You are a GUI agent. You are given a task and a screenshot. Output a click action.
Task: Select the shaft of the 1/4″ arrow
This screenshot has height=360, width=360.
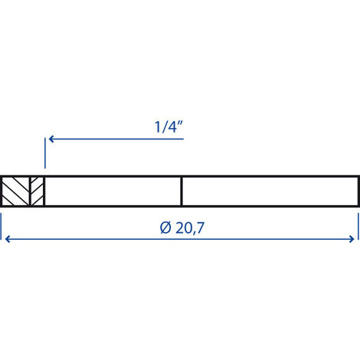coord(115,139)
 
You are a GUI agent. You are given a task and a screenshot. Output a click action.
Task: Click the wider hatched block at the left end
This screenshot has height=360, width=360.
coord(15,191)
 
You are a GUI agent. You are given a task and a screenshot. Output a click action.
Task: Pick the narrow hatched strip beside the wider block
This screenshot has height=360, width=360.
coord(36,191)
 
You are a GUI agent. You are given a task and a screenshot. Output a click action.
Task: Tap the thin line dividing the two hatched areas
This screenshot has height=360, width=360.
coord(29,191)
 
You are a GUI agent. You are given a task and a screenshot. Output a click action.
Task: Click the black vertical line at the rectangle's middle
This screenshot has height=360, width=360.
coord(181,191)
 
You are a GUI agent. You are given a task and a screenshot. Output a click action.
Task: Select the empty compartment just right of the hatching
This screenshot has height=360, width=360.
coord(113,191)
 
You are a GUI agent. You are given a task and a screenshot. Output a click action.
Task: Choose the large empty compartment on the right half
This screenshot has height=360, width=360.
coord(270,191)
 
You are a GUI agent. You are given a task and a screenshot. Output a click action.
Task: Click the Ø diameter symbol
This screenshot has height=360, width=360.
coord(166,228)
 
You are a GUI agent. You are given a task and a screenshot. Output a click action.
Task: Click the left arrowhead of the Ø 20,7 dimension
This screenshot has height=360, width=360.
coord(8,239)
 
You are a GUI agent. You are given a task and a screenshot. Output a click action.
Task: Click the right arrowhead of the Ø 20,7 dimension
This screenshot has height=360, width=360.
coord(353,239)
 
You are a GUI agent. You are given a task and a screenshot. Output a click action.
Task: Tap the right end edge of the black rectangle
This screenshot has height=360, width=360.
coord(358,191)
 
